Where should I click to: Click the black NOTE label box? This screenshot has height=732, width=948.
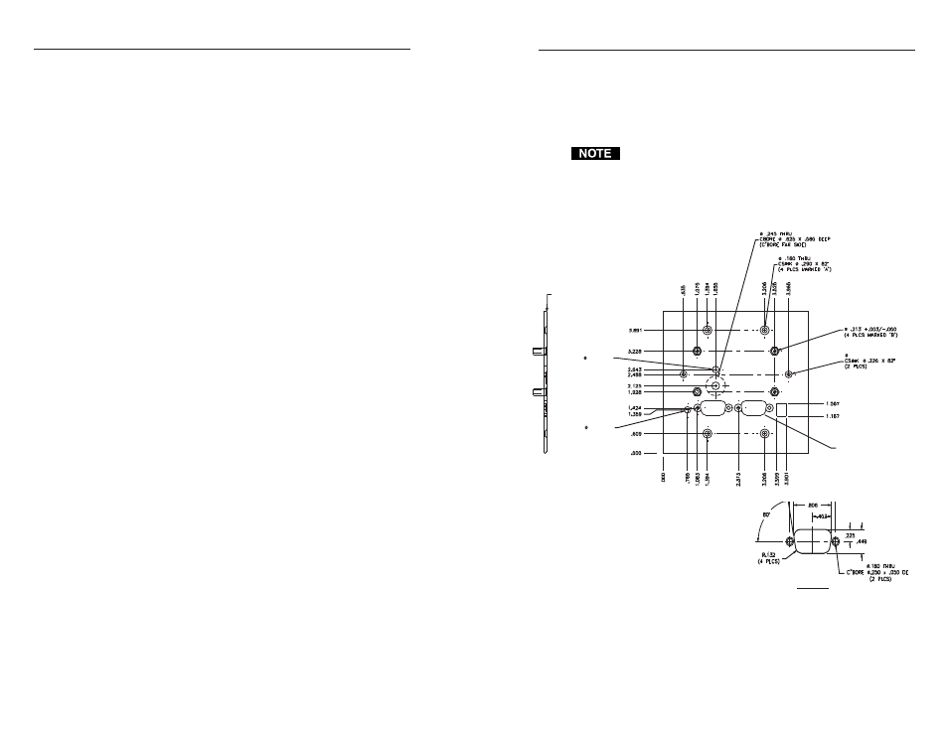click(595, 154)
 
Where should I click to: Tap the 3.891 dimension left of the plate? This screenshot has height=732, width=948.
click(640, 330)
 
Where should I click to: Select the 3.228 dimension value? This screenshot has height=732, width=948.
click(640, 351)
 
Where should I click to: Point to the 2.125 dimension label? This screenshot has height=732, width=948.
click(640, 385)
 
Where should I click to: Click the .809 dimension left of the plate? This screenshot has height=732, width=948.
click(641, 434)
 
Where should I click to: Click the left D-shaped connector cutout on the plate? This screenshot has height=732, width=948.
click(715, 407)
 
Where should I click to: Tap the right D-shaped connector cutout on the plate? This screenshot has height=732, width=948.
click(752, 407)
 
